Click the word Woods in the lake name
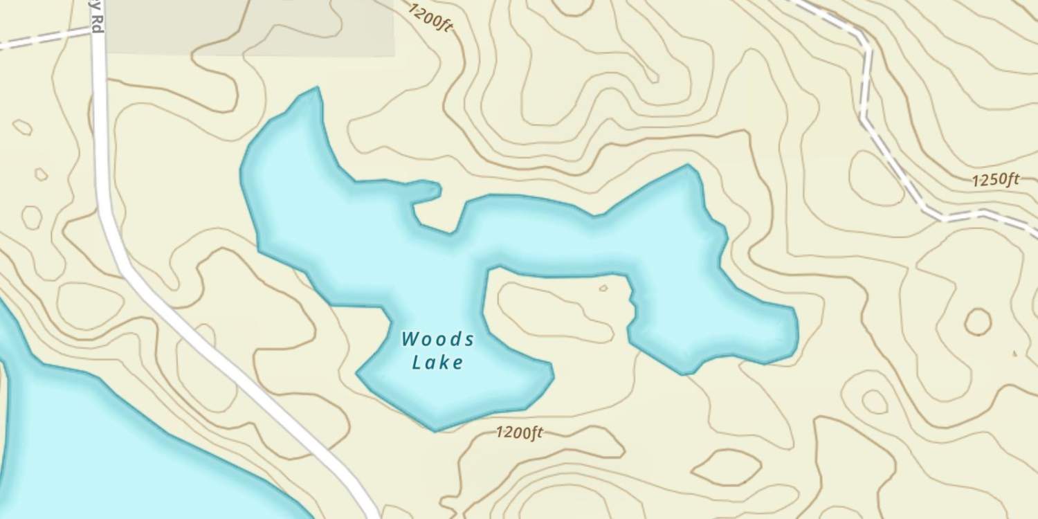coord(437,339)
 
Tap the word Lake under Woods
coord(437,362)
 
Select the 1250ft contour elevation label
coord(995,181)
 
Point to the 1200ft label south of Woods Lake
coord(519,433)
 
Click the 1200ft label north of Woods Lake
coord(430,17)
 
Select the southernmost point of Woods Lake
coord(435,429)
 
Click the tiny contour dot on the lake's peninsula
coord(603,287)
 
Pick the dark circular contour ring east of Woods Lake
coord(978,322)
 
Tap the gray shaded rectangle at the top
coord(249,28)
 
